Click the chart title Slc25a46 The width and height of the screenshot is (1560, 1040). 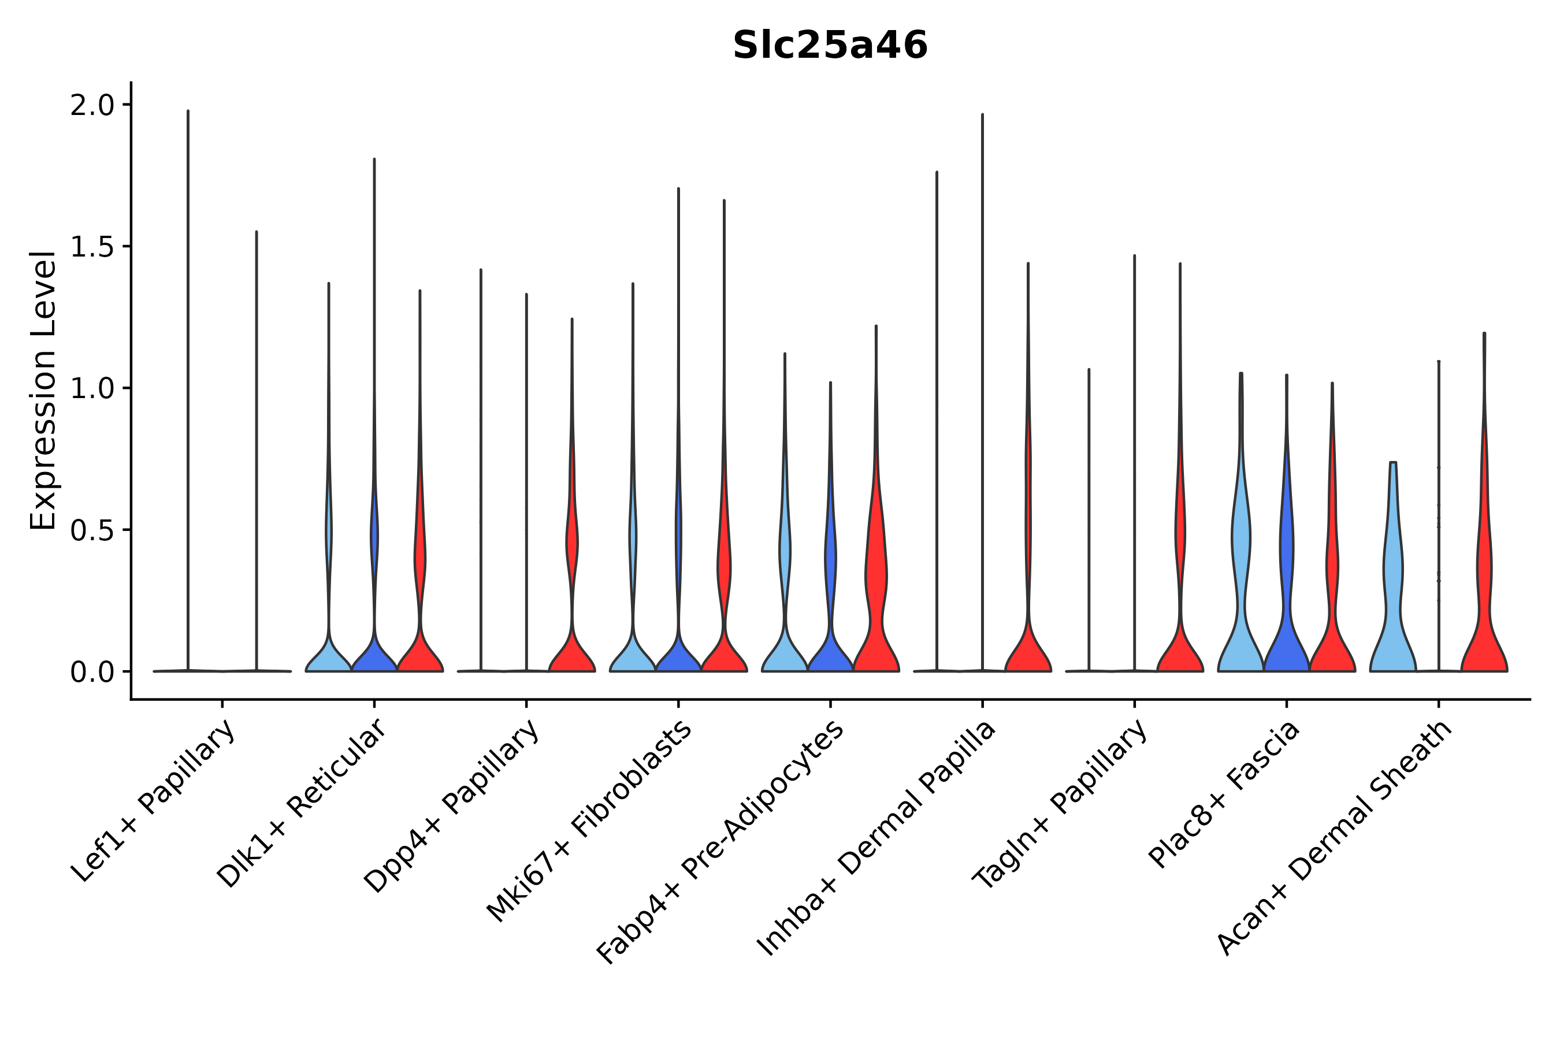pyautogui.click(x=830, y=46)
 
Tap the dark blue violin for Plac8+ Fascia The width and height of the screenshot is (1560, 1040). pyautogui.click(x=1286, y=597)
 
